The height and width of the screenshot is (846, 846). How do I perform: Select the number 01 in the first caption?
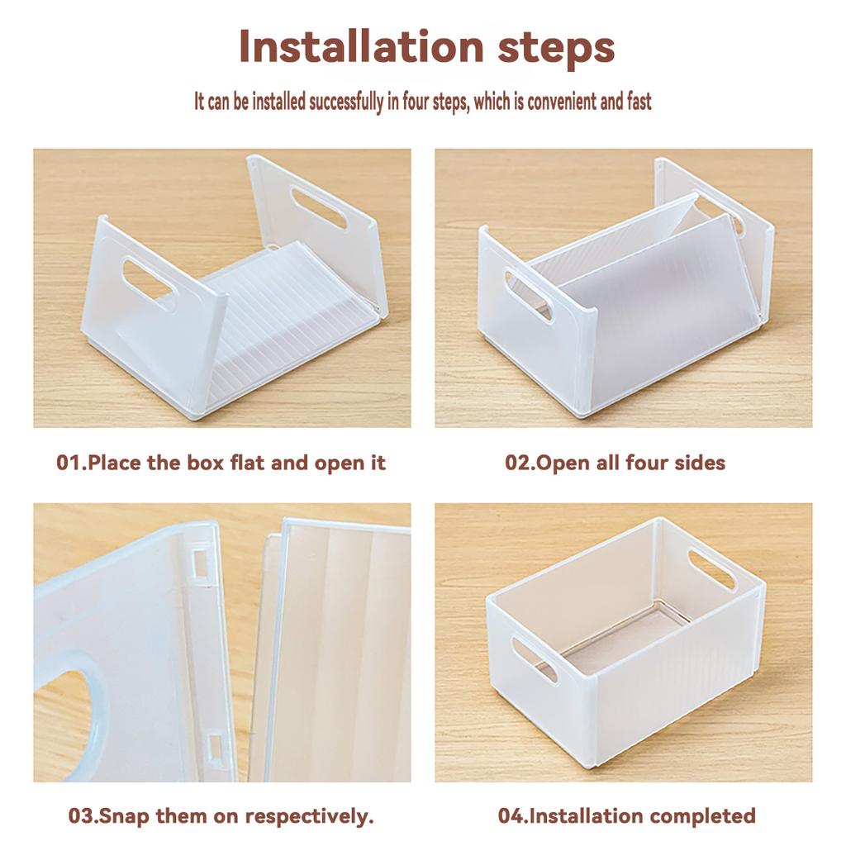[69, 462]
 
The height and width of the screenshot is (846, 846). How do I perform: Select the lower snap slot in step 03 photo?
[213, 748]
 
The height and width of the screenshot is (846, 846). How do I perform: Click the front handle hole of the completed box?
[534, 658]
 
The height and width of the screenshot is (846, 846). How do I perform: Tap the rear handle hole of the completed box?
[711, 569]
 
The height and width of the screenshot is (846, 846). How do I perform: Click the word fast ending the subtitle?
[637, 102]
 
